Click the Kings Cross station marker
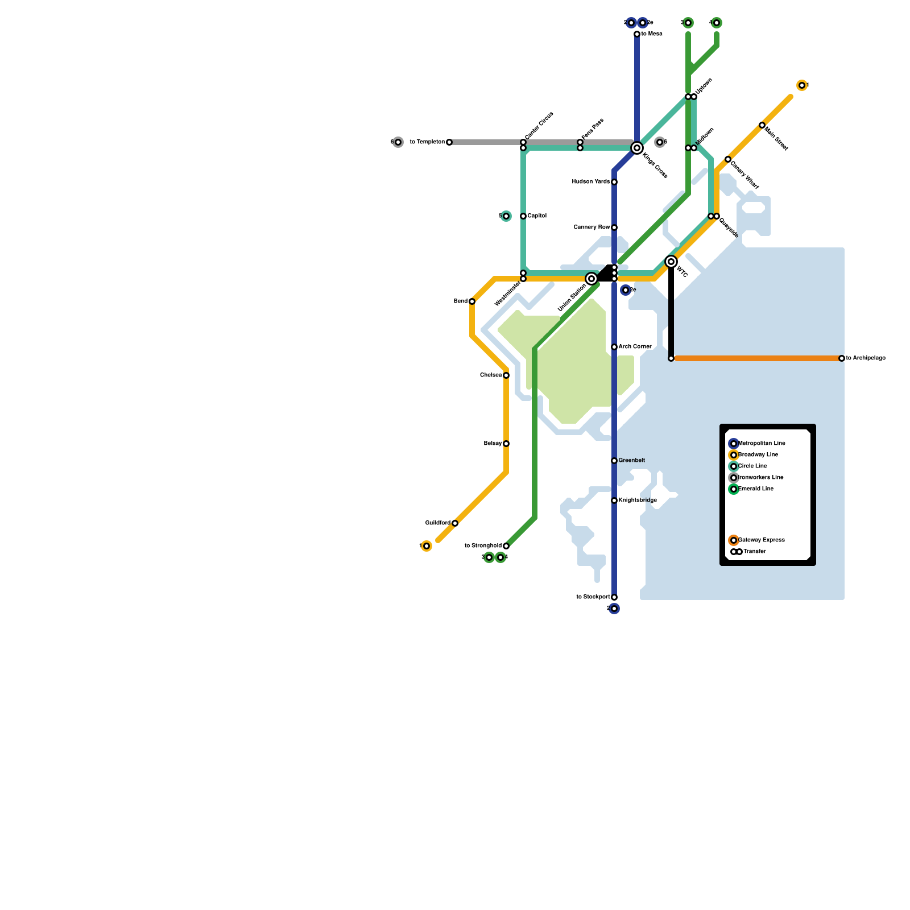pos(637,148)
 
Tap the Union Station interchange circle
pos(591,279)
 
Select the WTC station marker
pos(671,262)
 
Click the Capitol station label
pos(537,216)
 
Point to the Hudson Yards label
pos(590,182)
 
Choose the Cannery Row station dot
pos(614,227)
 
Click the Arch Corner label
pos(635,347)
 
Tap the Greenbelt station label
pos(631,461)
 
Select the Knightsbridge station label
pos(638,500)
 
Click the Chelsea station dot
pos(506,375)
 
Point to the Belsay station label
pos(493,444)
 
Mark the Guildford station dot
pos(455,523)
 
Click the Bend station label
pos(460,301)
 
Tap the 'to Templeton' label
pos(427,142)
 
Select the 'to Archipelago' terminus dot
pos(842,358)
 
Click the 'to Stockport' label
pos(593,597)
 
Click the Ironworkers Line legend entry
pos(760,478)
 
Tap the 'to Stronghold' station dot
pos(506,546)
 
